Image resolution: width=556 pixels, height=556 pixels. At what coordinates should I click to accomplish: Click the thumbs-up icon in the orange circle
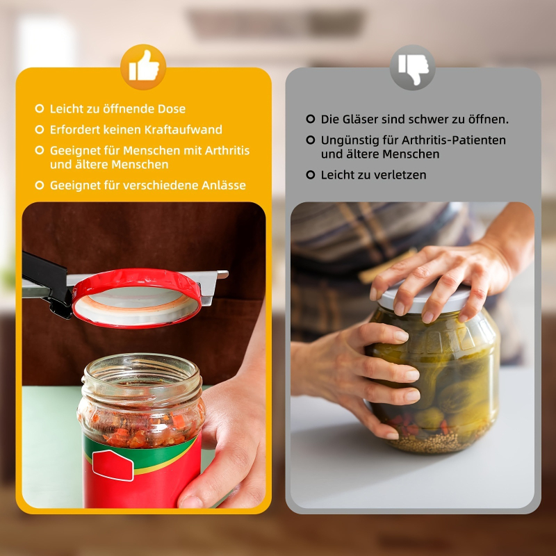[144, 67]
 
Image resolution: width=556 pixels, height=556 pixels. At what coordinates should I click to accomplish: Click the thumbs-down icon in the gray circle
[412, 67]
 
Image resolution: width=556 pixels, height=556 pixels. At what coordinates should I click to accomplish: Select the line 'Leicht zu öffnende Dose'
[117, 109]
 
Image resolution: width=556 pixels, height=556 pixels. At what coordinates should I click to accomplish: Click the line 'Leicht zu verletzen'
[373, 175]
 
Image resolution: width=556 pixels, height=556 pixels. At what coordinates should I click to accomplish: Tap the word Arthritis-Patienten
[448, 140]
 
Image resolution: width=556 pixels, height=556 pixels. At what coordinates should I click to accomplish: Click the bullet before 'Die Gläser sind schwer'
[311, 119]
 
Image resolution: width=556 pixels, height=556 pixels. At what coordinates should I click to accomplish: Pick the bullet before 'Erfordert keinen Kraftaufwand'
[40, 130]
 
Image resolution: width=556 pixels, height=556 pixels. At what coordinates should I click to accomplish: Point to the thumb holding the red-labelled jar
[202, 486]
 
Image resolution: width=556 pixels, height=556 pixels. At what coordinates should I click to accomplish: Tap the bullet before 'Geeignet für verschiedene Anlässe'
[40, 186]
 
